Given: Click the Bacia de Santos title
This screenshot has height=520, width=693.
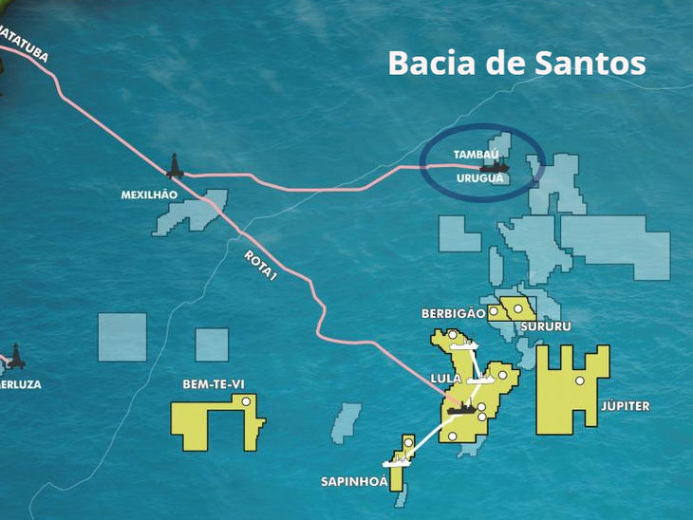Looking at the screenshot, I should (516, 64).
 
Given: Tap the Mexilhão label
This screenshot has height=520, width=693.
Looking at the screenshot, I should (149, 195).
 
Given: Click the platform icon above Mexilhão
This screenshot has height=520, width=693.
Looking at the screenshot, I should (175, 167).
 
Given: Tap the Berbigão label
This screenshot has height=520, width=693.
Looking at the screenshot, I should (453, 313).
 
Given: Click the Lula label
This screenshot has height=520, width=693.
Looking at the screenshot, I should (445, 379).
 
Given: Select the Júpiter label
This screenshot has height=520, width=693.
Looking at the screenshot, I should (625, 406).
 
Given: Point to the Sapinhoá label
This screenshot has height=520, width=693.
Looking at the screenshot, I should (354, 482).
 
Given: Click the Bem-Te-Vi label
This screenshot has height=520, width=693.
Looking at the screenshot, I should (214, 384).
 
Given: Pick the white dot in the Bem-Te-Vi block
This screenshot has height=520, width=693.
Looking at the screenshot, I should (246, 402).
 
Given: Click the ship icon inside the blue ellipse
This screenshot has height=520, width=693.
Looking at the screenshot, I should (494, 167).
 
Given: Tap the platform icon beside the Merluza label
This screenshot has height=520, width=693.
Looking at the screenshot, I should (15, 358).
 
